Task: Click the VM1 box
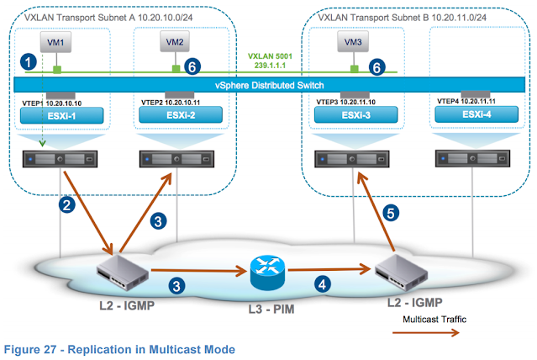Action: point(56,40)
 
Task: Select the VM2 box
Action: point(176,40)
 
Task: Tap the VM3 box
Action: point(354,40)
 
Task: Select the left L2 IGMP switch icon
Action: point(124,268)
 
